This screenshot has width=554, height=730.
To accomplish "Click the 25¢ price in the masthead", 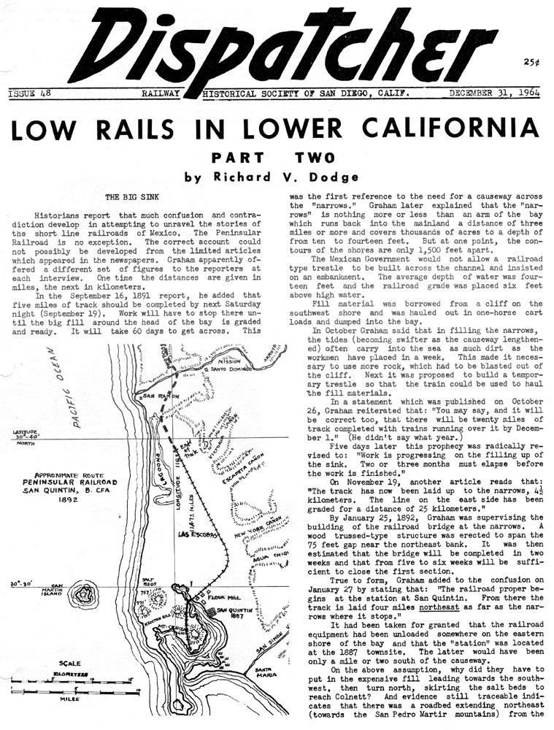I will point(532,63).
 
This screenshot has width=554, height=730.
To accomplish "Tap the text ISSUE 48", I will point(29,93).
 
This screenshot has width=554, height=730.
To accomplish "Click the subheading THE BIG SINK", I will point(130,197).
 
